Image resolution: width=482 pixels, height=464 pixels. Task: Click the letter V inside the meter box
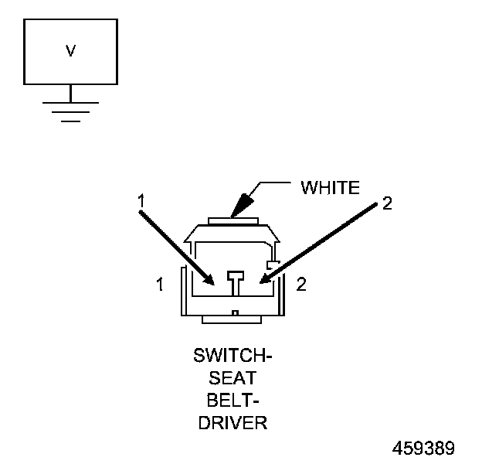(70, 51)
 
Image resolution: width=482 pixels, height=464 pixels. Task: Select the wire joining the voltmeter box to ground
(70, 92)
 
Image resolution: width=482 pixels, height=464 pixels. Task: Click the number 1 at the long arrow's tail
(141, 200)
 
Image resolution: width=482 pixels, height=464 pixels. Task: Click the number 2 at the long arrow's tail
(387, 203)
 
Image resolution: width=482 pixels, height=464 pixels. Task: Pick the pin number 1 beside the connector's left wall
(160, 285)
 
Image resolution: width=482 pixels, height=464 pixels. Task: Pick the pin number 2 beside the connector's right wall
(301, 285)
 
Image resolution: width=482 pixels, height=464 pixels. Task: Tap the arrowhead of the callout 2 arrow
(262, 280)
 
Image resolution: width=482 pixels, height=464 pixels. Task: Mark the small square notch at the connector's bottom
(235, 313)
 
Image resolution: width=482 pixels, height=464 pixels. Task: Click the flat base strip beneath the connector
(235, 319)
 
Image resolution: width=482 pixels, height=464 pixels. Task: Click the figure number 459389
(423, 449)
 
